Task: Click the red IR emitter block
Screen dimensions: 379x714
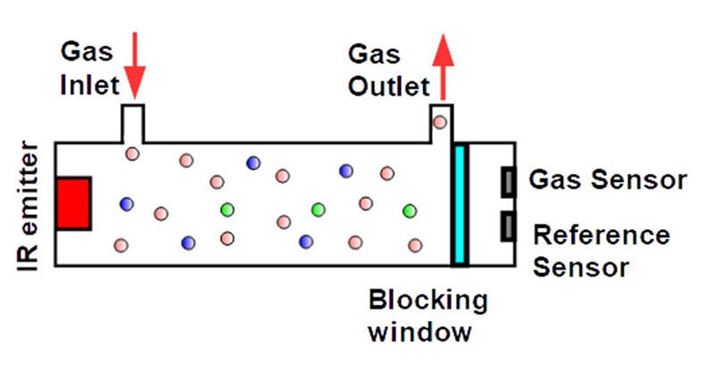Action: pyautogui.click(x=73, y=202)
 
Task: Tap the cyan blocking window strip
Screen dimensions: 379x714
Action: pyautogui.click(x=460, y=204)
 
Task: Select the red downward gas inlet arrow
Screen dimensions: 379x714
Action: pyautogui.click(x=135, y=66)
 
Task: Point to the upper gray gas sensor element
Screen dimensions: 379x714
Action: pyautogui.click(x=508, y=182)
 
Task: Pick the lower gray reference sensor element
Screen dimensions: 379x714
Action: pyautogui.click(x=508, y=227)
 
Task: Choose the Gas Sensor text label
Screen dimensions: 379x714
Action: pyautogui.click(x=608, y=180)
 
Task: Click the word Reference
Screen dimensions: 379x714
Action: pyautogui.click(x=602, y=235)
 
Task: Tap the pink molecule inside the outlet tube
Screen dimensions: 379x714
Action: pyautogui.click(x=439, y=122)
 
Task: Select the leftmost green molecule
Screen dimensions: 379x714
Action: pyautogui.click(x=228, y=210)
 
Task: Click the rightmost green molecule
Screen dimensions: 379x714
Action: pyautogui.click(x=410, y=210)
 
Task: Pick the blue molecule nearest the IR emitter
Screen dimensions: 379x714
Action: pyautogui.click(x=126, y=204)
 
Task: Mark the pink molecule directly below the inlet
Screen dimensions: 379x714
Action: pyautogui.click(x=132, y=153)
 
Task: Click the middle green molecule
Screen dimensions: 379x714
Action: pyautogui.click(x=317, y=210)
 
